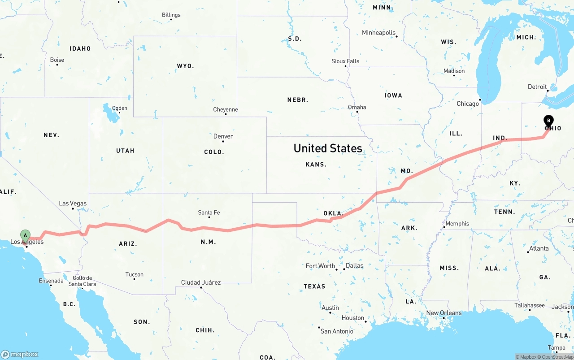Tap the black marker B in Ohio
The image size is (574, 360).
pos(548,121)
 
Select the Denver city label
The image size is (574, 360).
pos(223,136)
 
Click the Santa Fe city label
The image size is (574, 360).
pos(209,213)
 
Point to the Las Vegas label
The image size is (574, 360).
pos(73,204)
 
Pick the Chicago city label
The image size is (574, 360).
pos(468,104)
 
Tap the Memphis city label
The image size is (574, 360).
pos(457,223)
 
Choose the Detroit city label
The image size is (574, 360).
pos(537,87)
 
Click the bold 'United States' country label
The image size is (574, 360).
pos(328,148)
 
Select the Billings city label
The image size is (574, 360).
pos(171,15)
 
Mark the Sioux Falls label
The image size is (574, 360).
pos(345,61)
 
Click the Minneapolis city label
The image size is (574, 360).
pos(379,33)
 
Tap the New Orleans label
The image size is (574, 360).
pos(444,313)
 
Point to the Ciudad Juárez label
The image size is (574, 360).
pos(200,282)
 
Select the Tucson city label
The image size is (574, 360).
pos(135,274)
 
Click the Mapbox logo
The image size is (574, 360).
pos(19,354)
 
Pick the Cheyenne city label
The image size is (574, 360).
pos(226,109)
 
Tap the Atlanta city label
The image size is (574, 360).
pos(539,248)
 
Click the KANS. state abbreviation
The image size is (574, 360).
pos(316,165)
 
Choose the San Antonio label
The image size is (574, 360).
pos(337,331)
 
